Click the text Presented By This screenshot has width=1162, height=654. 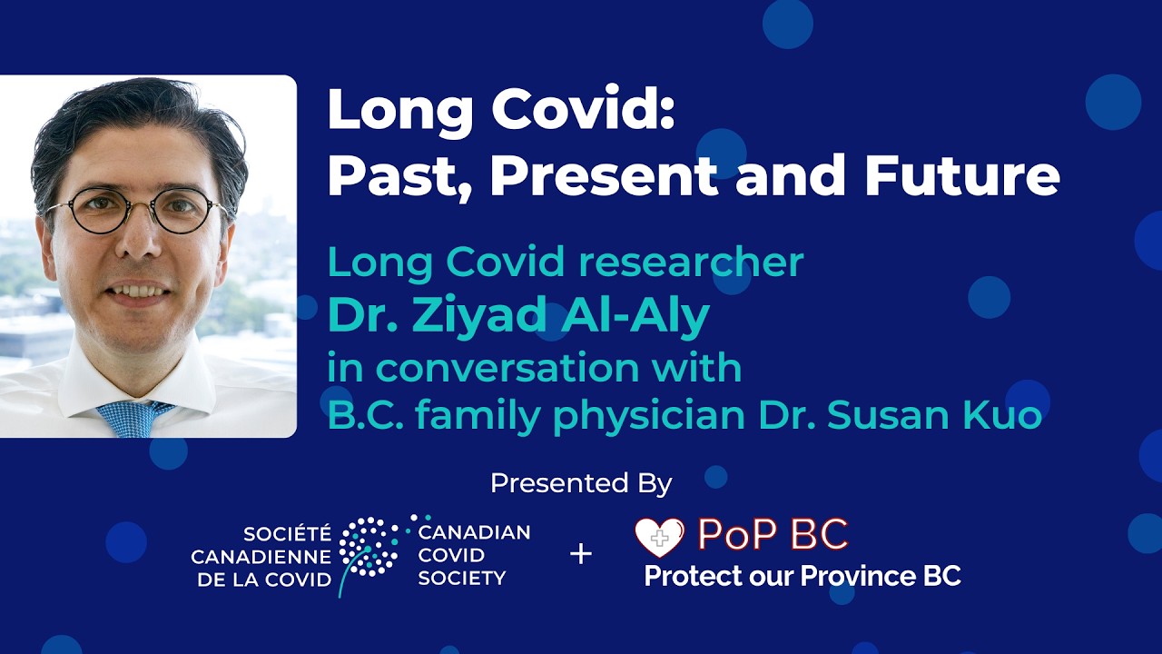[x=581, y=483]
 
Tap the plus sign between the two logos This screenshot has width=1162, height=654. [x=581, y=553]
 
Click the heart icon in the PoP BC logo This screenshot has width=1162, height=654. [x=659, y=538]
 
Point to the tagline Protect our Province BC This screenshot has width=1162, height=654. [x=802, y=577]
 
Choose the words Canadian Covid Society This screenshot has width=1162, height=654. [x=473, y=554]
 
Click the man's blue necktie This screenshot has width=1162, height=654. [x=133, y=417]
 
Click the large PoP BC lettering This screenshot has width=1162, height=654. [x=772, y=535]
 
